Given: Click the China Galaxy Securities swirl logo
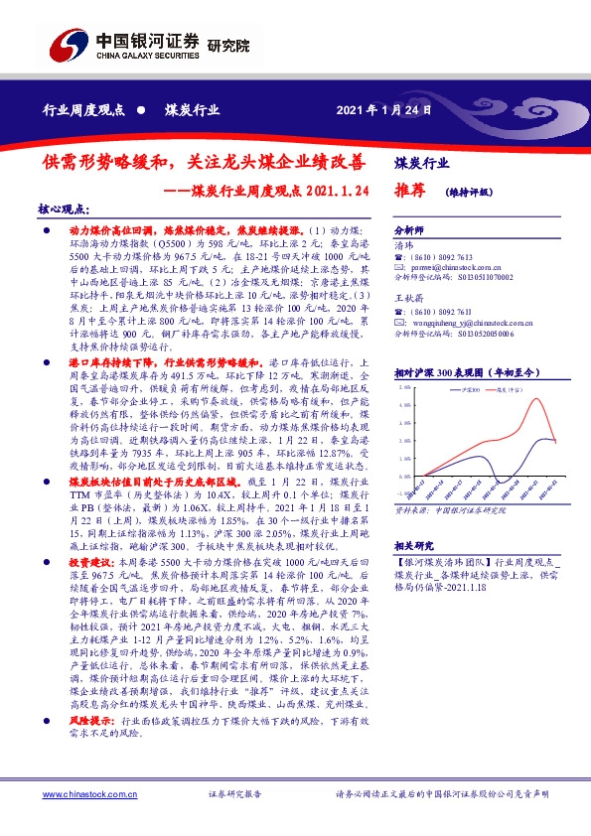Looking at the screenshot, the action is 67,45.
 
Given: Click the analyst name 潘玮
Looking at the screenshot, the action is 402,244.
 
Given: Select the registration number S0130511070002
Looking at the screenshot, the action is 473,277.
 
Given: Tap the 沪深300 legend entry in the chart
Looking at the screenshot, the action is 472,391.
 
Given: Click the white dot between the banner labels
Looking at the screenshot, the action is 141,111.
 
